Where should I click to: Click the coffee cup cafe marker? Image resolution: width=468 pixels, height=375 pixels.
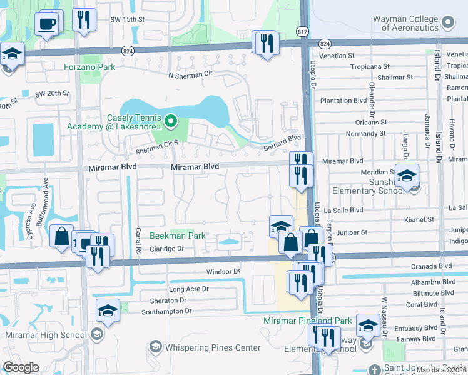pos(48,25)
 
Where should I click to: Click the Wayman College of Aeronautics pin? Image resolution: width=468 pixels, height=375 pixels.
pos(448,23)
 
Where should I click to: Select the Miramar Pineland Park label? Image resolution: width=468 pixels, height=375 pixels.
pos(308,320)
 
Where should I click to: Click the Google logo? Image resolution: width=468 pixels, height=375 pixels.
pos(21,367)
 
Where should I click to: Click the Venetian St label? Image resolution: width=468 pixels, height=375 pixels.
pos(337,56)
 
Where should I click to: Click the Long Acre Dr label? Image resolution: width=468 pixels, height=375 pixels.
pos(188,289)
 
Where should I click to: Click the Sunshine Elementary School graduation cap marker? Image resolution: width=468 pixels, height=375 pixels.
pos(407,176)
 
